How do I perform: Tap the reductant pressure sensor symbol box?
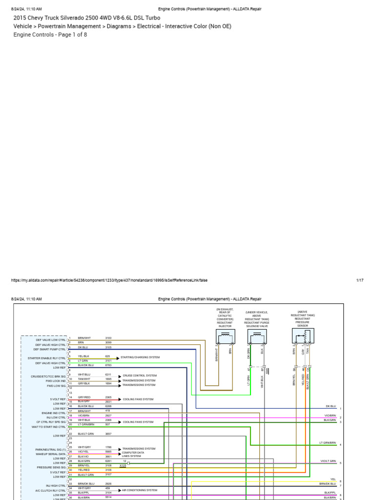[303, 336]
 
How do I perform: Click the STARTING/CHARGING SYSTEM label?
[137, 357]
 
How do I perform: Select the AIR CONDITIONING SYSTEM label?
[140, 490]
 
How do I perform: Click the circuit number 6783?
[108, 365]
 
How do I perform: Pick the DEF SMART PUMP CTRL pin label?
[49, 349]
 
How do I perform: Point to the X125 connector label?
[123, 466]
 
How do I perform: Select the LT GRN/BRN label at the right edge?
[328, 443]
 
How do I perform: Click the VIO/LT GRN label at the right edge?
[328, 461]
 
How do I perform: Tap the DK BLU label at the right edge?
[331, 406]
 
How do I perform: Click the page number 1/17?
[360, 280]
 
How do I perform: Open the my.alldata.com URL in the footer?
[109, 280]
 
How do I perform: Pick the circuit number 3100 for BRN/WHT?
[108, 338]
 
